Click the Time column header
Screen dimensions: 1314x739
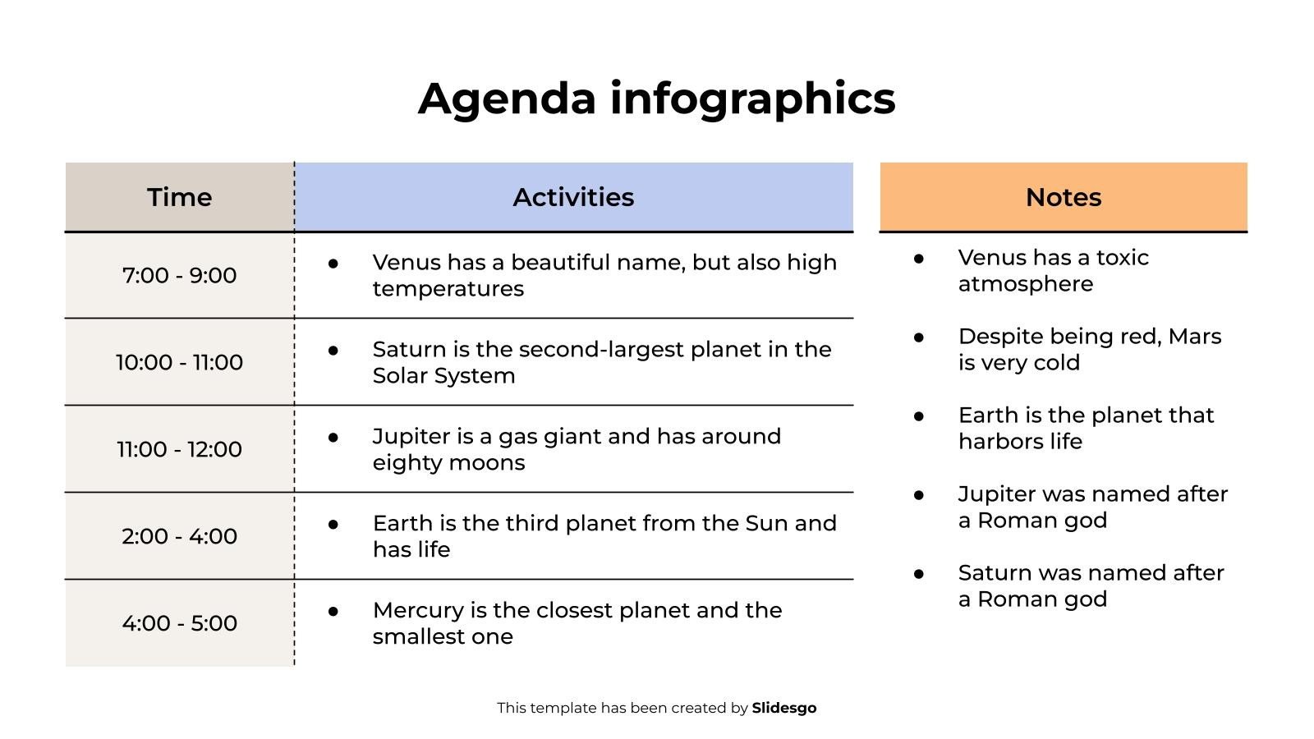click(180, 197)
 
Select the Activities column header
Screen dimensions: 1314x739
click(574, 197)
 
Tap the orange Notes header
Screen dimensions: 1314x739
click(1064, 197)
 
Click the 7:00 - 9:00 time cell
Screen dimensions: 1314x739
click(180, 276)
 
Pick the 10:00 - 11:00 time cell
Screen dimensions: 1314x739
click(180, 362)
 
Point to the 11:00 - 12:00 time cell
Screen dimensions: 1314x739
click(180, 449)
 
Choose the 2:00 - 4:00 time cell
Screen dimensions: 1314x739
click(180, 536)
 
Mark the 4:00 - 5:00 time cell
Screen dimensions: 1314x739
click(180, 623)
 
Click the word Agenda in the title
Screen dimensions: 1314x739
click(507, 99)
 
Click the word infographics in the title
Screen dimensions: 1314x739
click(752, 99)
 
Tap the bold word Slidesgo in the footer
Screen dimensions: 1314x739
click(784, 708)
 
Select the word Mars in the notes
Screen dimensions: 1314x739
click(1195, 336)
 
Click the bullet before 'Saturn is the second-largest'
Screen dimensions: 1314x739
click(333, 351)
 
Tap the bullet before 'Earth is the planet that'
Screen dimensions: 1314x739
click(919, 416)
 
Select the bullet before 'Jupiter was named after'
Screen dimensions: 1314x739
click(919, 495)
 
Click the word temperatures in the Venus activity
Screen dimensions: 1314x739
click(448, 289)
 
